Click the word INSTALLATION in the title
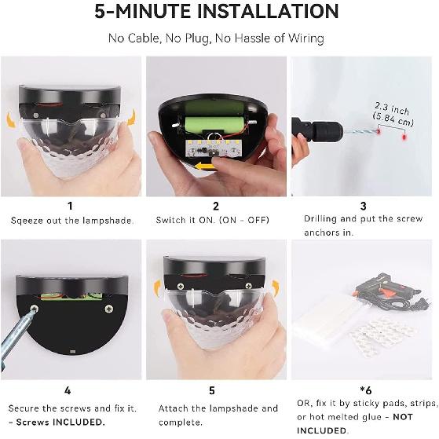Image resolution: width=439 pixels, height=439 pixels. pos(268,11)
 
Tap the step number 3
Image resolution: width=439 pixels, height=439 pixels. pos(363,206)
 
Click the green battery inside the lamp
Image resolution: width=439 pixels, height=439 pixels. pos(214,123)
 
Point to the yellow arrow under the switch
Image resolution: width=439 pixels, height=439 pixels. pos(205,166)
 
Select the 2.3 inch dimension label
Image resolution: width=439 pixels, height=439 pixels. pos(392,108)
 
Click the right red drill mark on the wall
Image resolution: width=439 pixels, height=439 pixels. pos(404,137)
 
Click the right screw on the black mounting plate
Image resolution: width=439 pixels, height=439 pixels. pos(109,309)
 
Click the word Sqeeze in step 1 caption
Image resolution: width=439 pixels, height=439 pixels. pos(27,221)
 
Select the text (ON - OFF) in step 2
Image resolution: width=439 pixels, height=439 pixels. pos(244,220)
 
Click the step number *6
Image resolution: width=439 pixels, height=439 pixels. pos(366,390)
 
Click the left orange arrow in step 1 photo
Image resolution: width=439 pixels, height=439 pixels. pos(11,119)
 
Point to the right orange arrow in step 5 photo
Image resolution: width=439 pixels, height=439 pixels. pos(276,288)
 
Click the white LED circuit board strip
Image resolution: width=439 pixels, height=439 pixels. pos(213,148)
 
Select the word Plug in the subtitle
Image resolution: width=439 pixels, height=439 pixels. pos(196,38)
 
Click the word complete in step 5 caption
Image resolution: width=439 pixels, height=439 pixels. pos(180,423)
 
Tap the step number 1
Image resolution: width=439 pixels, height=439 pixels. pos(70,206)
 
